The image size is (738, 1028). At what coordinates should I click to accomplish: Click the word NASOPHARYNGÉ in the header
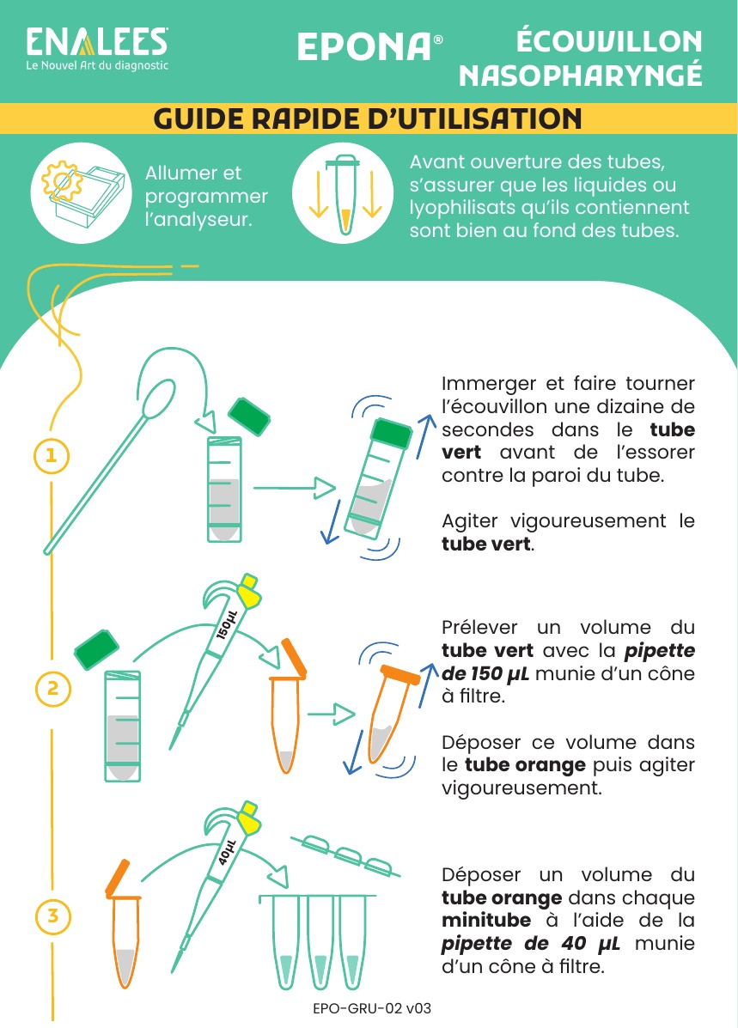pos(581,76)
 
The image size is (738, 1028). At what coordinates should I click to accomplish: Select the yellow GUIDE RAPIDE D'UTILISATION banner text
pos(368,119)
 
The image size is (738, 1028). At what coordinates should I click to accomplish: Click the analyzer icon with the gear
pos(82,192)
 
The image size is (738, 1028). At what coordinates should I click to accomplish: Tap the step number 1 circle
pos(52,456)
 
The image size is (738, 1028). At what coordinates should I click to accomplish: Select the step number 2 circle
pos(52,688)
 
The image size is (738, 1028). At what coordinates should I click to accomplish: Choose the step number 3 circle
pos(53,915)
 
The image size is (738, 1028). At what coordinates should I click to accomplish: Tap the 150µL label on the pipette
pos(226,625)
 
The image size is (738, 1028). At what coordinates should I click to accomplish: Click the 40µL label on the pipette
pos(226,852)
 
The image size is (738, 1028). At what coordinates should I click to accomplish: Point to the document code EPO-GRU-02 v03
pos(372,1008)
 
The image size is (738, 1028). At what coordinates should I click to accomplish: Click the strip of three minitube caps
pos(345,855)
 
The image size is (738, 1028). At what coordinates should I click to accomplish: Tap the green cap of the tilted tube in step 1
pos(392,434)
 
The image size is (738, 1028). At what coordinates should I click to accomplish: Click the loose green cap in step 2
pos(96,650)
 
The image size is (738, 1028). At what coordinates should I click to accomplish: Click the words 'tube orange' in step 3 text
pos(502,897)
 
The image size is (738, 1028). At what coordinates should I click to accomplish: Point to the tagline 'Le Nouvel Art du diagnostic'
pos(97,65)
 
